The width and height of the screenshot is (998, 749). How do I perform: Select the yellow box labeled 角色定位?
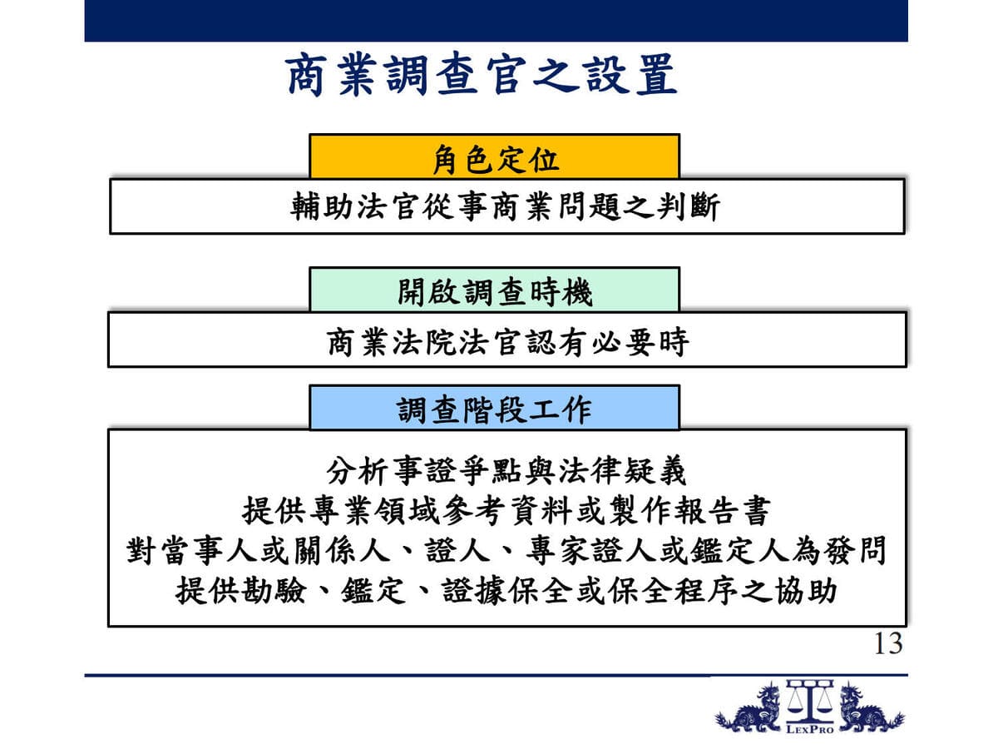(494, 156)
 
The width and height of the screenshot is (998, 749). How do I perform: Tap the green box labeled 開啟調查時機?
(494, 290)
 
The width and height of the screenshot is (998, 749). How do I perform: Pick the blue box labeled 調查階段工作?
(494, 407)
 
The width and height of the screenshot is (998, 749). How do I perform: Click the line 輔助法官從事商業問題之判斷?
(505, 207)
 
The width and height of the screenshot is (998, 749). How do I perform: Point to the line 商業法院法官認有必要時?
(507, 341)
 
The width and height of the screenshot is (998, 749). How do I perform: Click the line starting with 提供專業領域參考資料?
(506, 510)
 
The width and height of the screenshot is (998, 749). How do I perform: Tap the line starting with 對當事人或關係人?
(506, 550)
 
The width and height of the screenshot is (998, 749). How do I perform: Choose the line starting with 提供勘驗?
(506, 590)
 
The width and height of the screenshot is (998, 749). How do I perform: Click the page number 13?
(888, 643)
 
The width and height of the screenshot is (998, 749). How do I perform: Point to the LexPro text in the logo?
(810, 730)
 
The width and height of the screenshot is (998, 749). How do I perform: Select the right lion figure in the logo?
(871, 708)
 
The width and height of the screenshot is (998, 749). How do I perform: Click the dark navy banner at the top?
(496, 21)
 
